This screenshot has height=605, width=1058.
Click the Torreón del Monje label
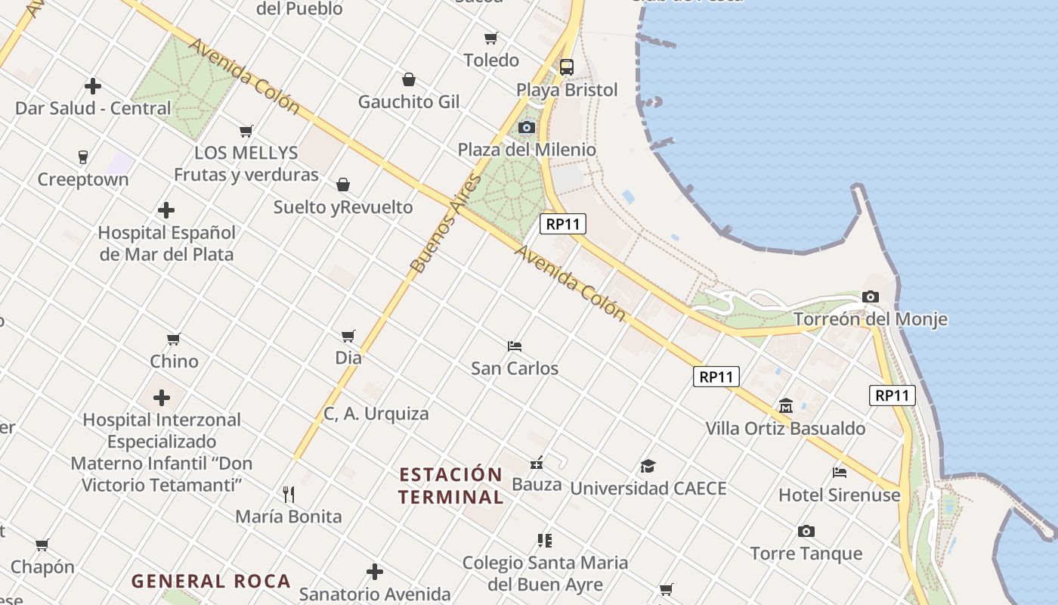coord(870,318)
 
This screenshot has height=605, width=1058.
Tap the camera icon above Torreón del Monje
coord(871,297)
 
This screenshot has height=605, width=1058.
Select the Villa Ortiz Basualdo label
coord(785,428)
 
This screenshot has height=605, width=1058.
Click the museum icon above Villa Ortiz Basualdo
coord(785,406)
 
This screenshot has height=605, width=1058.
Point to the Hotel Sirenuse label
coord(840,495)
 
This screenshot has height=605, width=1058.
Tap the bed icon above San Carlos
coord(515,346)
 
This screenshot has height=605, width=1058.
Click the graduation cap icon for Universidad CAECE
coord(648,466)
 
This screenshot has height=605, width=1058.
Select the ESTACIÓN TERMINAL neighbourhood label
coord(451,486)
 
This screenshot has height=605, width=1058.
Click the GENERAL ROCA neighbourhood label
coord(211,581)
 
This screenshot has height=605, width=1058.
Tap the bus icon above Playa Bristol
coord(567,67)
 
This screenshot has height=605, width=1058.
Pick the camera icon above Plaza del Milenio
coord(527,127)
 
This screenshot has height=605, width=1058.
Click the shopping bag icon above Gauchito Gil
coord(409,79)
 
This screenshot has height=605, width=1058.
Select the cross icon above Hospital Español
coord(166,210)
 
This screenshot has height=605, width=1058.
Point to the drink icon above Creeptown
coord(83,157)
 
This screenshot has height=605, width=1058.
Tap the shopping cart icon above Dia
coord(348,336)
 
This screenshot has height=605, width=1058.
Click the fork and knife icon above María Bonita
coord(288,495)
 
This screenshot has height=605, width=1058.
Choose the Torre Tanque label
coord(806,553)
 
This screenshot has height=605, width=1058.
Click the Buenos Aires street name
coord(445,224)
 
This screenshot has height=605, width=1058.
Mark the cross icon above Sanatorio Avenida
coord(375,572)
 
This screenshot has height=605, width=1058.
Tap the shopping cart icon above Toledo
coord(491,38)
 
